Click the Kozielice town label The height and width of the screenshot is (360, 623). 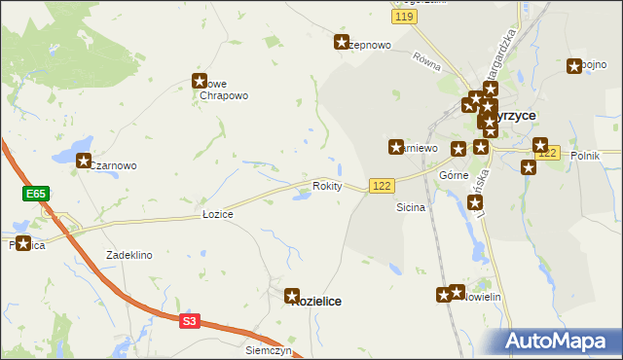point(317,302)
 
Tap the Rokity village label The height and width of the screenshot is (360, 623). point(327,186)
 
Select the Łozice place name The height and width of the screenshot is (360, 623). point(217,213)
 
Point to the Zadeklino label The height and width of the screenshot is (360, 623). point(129,255)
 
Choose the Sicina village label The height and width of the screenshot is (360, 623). point(411,208)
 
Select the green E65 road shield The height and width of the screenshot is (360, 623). point(36,195)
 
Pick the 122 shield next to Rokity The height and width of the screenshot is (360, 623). point(382,186)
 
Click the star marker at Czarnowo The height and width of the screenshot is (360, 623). point(84,162)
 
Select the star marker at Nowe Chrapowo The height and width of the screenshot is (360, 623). point(201,82)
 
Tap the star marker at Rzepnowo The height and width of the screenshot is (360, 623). point(342,42)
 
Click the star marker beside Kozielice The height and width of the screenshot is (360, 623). point(292,295)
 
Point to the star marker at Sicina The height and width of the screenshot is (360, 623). point(475,203)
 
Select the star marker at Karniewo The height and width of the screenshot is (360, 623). point(396,148)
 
